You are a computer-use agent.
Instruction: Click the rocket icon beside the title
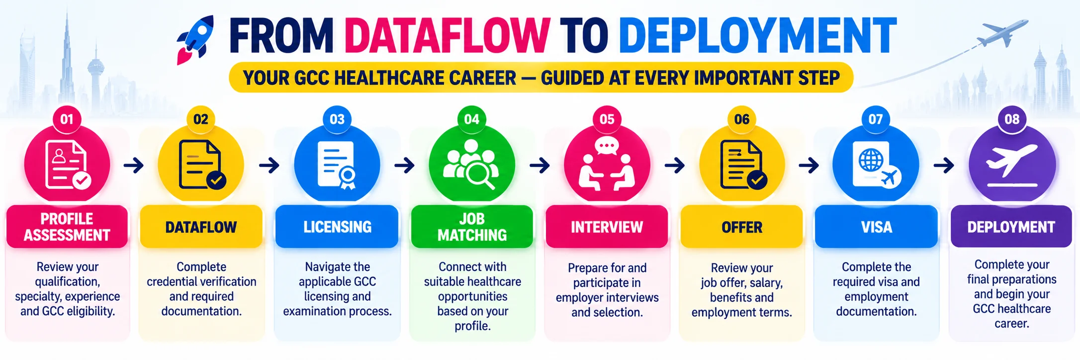pyautogui.click(x=195, y=40)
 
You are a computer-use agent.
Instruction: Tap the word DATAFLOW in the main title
pyautogui.click(x=448, y=36)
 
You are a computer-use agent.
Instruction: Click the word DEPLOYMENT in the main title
pyautogui.click(x=757, y=36)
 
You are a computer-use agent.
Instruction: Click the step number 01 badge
pyautogui.click(x=67, y=119)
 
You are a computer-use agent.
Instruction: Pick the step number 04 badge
pyautogui.click(x=471, y=119)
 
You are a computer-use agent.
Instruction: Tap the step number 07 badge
pyautogui.click(x=876, y=119)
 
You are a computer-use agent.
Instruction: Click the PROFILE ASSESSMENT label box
pyautogui.click(x=67, y=227)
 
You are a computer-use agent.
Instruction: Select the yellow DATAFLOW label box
pyautogui.click(x=201, y=227)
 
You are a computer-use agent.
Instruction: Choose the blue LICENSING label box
pyautogui.click(x=337, y=227)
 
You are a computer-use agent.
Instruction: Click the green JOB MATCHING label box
pyautogui.click(x=472, y=227)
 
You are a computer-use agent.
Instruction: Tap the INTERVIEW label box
pyautogui.click(x=607, y=227)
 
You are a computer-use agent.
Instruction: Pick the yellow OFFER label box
pyautogui.click(x=742, y=227)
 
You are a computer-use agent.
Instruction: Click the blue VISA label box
pyautogui.click(x=876, y=227)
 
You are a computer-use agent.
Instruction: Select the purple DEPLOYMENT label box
pyautogui.click(x=1011, y=227)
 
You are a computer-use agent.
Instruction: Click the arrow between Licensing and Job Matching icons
pyautogui.click(x=405, y=165)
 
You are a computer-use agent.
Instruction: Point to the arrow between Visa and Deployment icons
pyautogui.click(x=944, y=165)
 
